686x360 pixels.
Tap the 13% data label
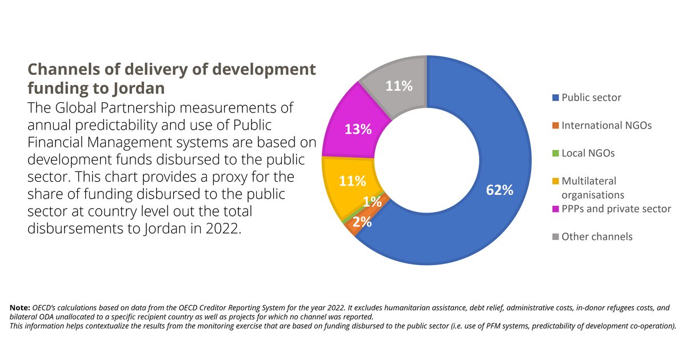(x=358, y=130)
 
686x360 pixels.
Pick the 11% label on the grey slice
(x=398, y=86)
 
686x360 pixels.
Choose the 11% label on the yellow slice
(x=352, y=182)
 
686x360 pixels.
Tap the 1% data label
(x=372, y=202)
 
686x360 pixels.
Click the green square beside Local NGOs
(x=555, y=153)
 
